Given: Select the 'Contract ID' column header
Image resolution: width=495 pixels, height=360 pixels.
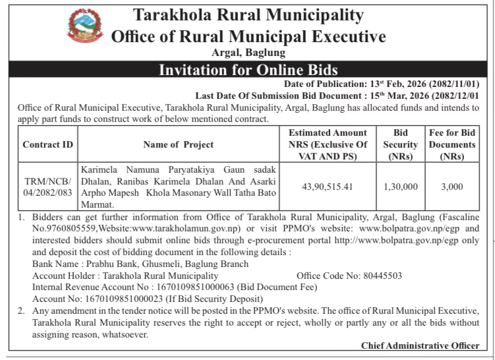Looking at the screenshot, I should [x=48, y=144].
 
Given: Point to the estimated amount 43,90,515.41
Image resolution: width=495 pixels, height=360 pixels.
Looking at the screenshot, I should [x=328, y=187].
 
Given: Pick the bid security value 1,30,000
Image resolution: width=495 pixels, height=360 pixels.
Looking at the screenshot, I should [x=401, y=187].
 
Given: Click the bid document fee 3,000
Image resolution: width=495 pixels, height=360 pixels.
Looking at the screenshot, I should [x=452, y=187].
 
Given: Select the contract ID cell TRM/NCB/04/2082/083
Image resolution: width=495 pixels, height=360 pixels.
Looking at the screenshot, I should [x=48, y=187].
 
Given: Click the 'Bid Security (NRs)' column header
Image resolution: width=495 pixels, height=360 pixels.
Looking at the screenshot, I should [x=401, y=144].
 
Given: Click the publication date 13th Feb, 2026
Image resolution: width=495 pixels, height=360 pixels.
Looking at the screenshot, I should [x=412, y=84].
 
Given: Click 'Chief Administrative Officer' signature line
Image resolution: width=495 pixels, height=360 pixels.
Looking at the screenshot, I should [x=420, y=345].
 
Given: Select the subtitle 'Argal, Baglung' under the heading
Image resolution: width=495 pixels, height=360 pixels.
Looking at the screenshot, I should [x=248, y=52].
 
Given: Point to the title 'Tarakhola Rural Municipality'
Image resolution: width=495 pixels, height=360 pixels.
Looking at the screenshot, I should [x=248, y=14].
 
